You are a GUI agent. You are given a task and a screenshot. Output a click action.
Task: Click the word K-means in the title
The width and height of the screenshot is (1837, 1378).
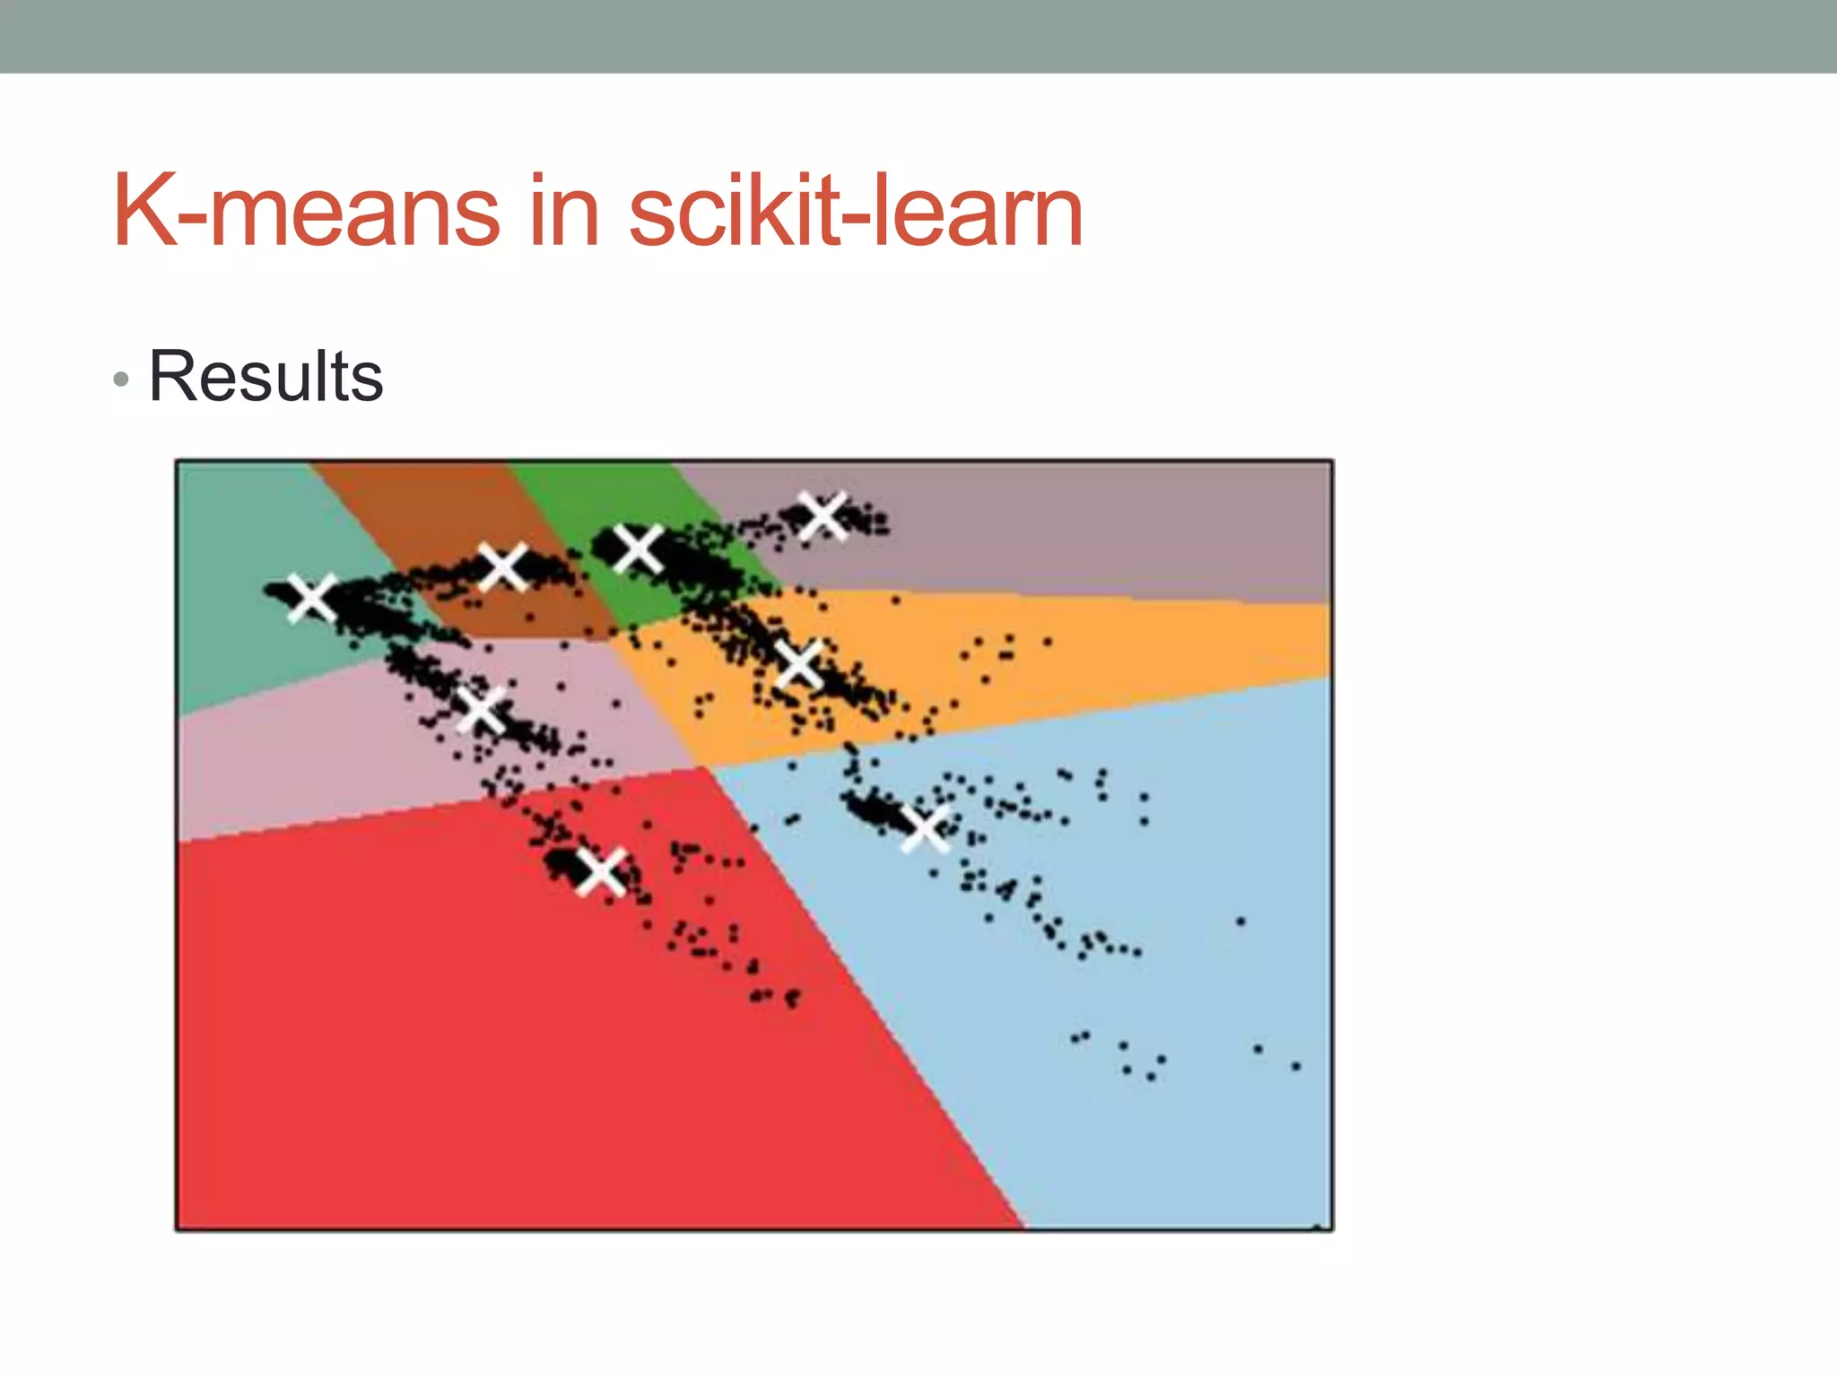coord(306,212)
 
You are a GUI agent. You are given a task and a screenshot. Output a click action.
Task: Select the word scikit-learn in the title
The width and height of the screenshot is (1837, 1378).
coord(856,212)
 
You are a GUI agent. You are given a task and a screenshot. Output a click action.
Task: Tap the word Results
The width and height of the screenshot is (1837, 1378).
coord(266,377)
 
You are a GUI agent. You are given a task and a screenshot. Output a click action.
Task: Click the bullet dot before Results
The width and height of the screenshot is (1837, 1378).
coord(122,380)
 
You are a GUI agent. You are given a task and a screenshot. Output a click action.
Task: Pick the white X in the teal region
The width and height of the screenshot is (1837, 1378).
coord(311,597)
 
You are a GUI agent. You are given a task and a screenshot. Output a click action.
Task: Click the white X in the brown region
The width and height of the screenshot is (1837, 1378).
coord(502,566)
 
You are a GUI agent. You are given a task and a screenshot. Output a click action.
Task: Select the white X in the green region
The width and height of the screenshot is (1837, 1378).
coord(638,548)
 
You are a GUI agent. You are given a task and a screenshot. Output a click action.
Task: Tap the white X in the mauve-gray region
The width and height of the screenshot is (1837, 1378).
coord(822,516)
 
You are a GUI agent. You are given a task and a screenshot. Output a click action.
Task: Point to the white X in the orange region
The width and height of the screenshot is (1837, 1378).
coord(797,665)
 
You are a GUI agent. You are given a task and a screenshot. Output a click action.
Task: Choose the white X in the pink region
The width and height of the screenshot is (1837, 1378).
coord(482,710)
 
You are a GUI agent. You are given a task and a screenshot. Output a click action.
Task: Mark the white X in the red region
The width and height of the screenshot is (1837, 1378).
coord(600,871)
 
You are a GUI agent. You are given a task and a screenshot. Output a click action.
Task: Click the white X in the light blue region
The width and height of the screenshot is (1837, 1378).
coord(925,827)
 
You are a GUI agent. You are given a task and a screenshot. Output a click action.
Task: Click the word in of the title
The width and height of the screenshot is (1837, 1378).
coord(563,212)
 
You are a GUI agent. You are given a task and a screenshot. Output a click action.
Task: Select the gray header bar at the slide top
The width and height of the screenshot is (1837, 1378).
coord(918,36)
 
